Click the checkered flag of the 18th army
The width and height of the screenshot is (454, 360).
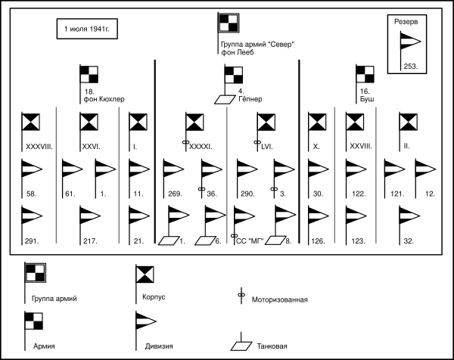point(89,75)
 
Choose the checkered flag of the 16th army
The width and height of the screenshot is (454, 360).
point(366,75)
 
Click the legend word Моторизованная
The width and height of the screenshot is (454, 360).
point(279,300)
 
